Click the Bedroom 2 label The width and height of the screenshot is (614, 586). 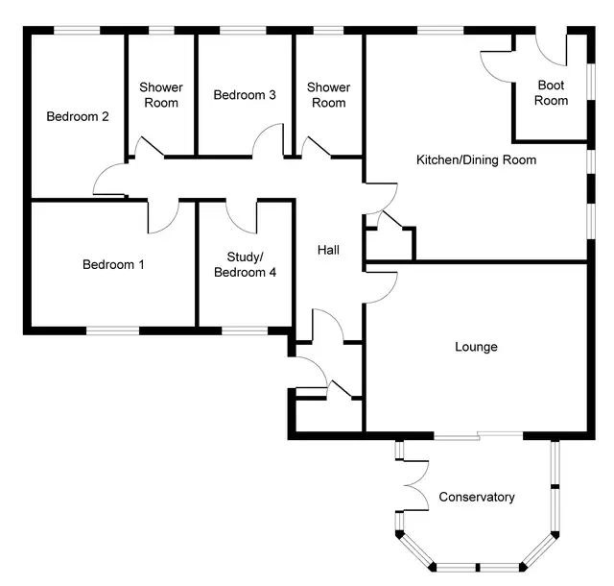78,116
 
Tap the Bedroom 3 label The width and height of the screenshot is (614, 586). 245,95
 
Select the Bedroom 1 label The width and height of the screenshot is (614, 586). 113,265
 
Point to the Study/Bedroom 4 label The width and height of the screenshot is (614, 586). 246,265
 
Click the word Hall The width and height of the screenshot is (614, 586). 328,250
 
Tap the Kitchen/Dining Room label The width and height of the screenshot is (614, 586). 476,160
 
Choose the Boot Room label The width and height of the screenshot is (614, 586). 551,93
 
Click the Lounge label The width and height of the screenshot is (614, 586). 476,347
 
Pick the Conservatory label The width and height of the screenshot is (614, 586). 477,497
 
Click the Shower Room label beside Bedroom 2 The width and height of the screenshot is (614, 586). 161,95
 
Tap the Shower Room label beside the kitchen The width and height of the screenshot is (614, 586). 328,95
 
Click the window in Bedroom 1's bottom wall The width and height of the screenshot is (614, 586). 113,330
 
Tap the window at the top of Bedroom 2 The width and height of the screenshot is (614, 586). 77,31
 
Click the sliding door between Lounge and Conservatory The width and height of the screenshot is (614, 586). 479,435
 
